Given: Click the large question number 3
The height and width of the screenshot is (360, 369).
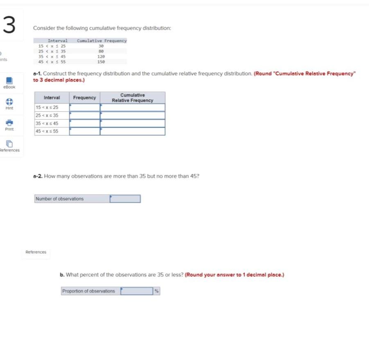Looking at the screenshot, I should click(9, 25).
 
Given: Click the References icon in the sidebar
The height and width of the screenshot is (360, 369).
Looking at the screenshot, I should click(9, 143).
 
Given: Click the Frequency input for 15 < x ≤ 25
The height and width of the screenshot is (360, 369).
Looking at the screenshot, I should click(85, 107).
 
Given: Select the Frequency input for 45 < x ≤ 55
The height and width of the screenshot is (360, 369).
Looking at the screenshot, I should click(85, 131).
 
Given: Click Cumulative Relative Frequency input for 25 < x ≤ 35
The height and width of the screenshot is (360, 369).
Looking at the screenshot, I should click(133, 115).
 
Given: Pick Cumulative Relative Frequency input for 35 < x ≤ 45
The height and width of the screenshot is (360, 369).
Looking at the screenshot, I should click(133, 123).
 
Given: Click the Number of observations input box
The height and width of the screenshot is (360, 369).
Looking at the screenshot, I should click(125, 199).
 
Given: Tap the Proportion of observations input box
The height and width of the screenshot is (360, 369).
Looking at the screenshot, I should click(137, 291).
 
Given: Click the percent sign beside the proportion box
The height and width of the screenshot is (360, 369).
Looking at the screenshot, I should click(156, 291).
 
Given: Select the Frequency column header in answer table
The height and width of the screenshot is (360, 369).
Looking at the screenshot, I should click(85, 97).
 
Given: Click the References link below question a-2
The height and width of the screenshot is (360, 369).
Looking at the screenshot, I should click(36, 252).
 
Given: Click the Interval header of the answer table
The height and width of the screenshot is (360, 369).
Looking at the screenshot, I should click(52, 97).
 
